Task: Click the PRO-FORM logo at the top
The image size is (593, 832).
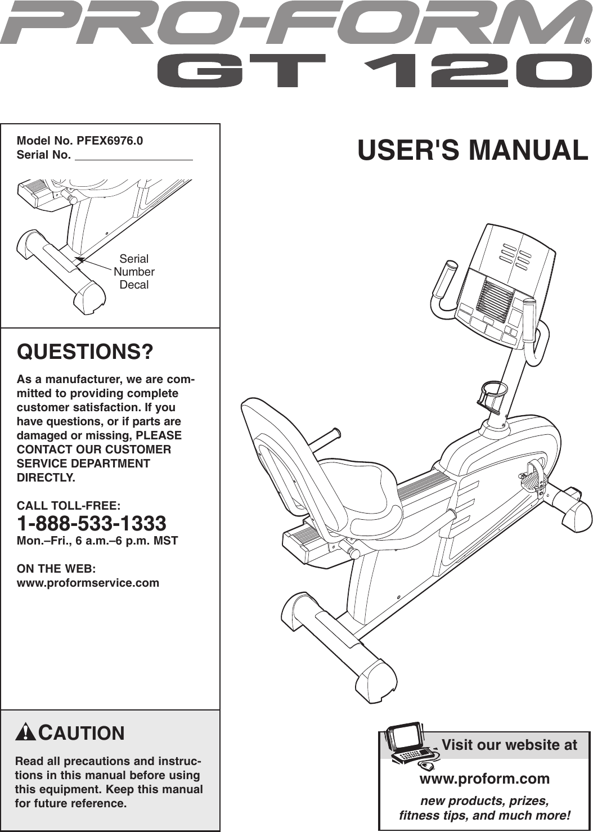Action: point(293,24)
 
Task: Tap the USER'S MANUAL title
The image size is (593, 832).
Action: point(473,150)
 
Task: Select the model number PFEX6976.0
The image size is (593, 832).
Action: point(110,141)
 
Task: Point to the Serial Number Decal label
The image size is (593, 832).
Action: point(134,272)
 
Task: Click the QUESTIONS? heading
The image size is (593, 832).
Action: point(86,352)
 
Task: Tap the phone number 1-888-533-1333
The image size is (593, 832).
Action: point(92,524)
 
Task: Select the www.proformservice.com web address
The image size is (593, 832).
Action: point(88,583)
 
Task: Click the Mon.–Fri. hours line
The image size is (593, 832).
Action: point(97,541)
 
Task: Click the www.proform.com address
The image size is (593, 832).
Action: point(484,779)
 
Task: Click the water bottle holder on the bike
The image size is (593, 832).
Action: point(493,394)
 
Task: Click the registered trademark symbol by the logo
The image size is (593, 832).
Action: point(587,41)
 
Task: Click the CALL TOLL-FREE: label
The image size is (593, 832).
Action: point(69,506)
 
